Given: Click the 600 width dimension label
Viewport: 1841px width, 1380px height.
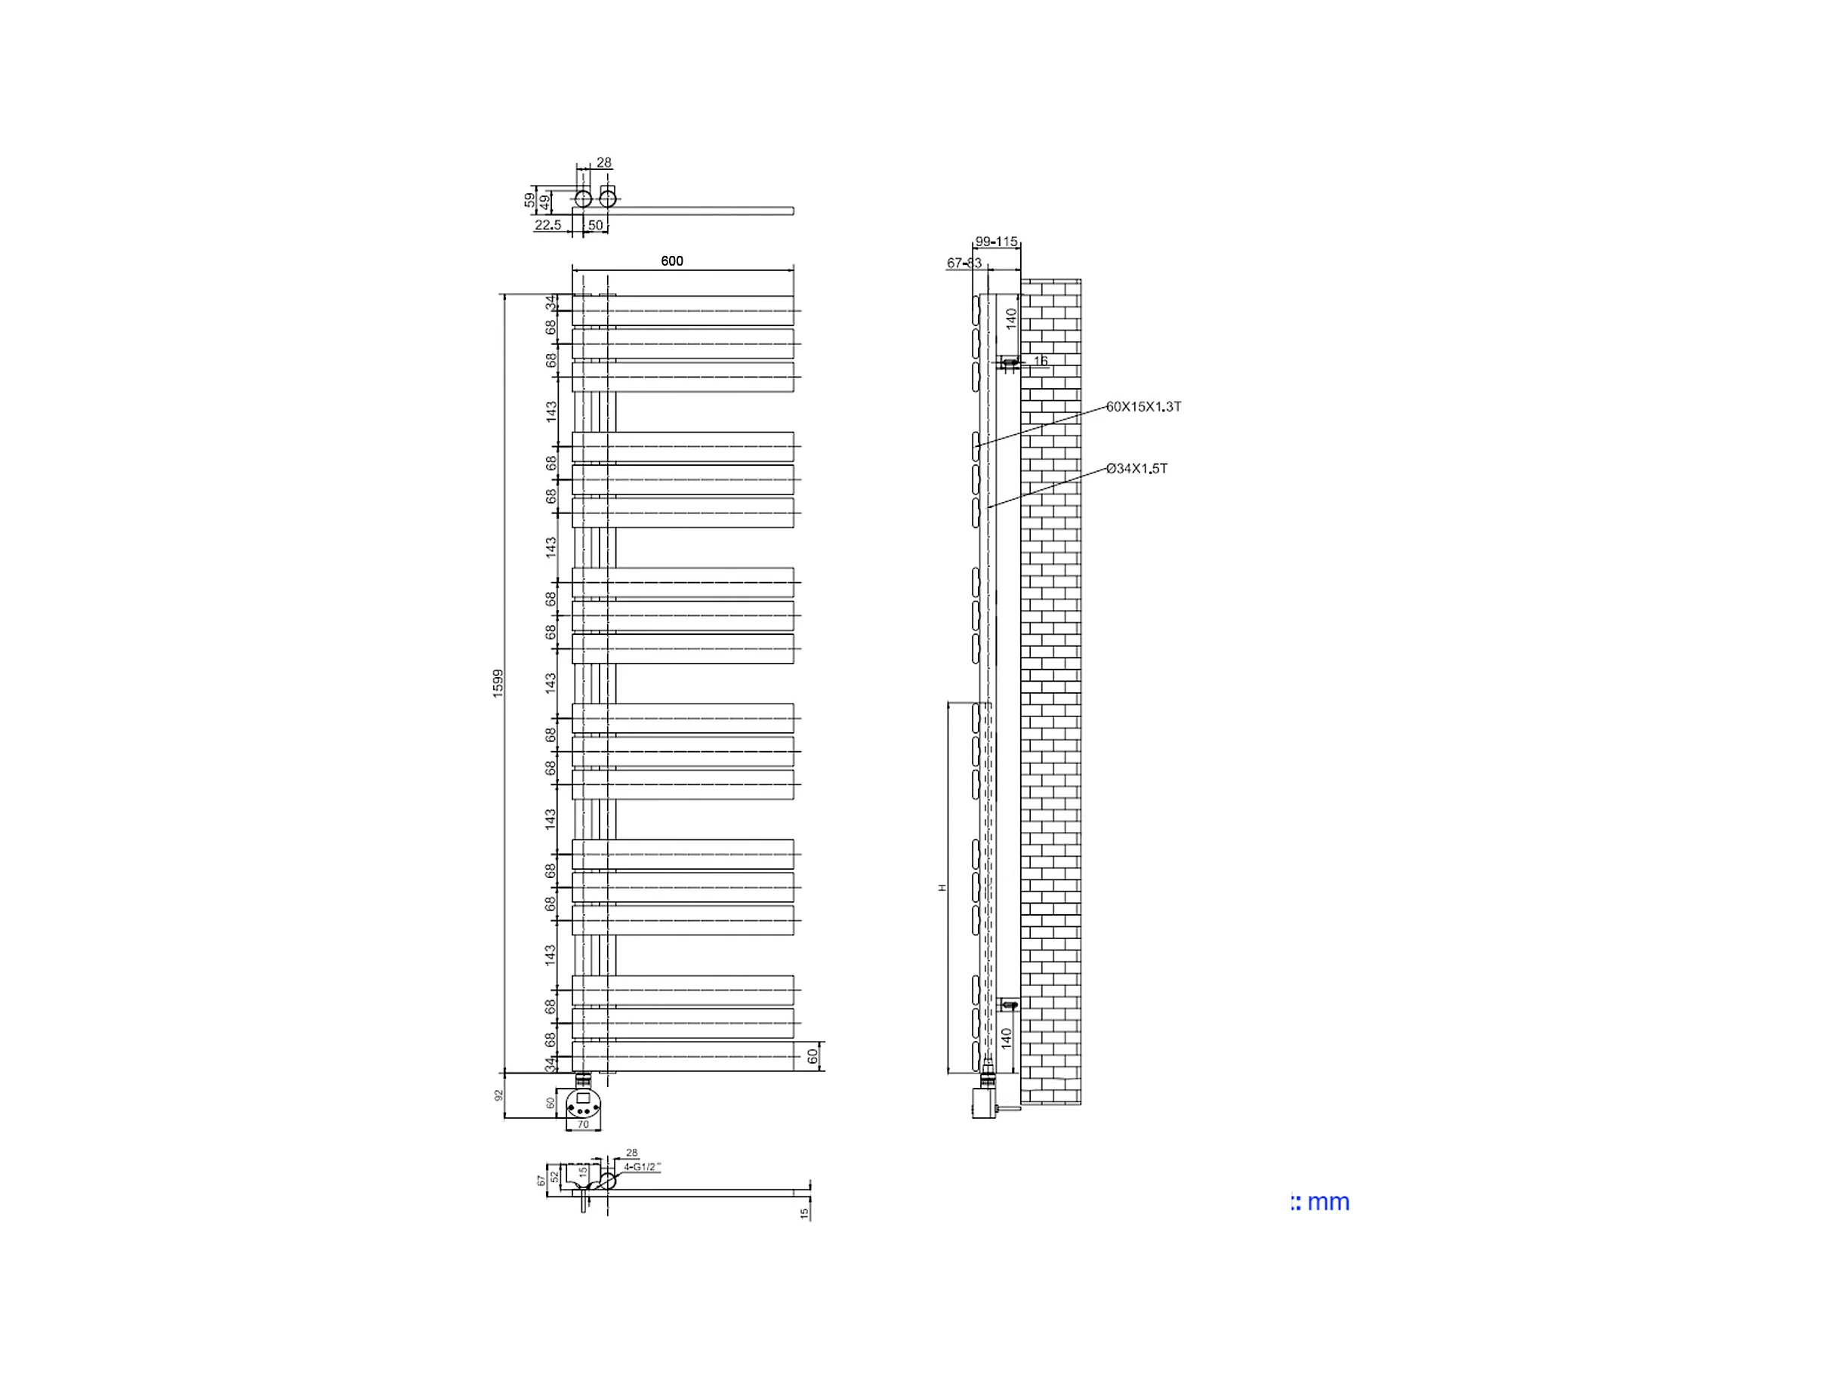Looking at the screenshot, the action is [x=671, y=261].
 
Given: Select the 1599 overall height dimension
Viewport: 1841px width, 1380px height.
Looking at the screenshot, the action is [x=498, y=683].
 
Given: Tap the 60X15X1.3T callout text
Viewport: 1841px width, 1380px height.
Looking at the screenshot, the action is [x=1143, y=407].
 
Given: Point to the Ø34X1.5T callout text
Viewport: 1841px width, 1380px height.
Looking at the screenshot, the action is [x=1137, y=469].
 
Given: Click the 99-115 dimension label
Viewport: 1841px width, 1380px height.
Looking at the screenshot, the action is [x=996, y=242].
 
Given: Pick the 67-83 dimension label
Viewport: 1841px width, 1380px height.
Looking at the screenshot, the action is [x=964, y=263].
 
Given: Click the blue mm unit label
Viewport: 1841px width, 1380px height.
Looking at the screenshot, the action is [x=1321, y=1202].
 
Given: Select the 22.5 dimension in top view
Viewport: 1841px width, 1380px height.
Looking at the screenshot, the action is [x=547, y=225].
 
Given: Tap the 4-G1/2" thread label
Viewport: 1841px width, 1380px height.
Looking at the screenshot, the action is [x=642, y=1167].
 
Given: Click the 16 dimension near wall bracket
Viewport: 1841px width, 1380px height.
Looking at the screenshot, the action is [x=1041, y=361].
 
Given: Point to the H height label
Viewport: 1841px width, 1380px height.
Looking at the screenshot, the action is [x=943, y=889].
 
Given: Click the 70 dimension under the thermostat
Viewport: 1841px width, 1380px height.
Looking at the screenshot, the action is [x=583, y=1125].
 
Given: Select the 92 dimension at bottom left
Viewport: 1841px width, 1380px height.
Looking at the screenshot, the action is [x=499, y=1095].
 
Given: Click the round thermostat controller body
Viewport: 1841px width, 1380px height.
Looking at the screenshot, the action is [x=583, y=1105].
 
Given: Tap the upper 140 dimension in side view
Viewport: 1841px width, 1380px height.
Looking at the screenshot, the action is [x=1011, y=319].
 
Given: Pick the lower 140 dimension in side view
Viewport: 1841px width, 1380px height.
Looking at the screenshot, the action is [x=1007, y=1038].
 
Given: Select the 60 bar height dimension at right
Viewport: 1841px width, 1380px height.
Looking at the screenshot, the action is [x=813, y=1056].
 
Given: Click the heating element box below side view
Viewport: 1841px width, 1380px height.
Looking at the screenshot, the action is [x=984, y=1103].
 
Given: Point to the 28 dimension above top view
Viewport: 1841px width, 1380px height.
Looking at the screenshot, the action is [x=604, y=163].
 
